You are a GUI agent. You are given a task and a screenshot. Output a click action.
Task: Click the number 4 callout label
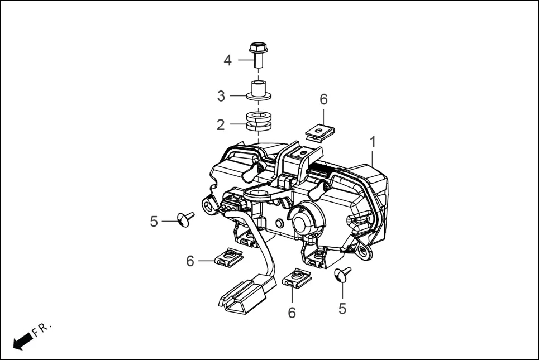227,60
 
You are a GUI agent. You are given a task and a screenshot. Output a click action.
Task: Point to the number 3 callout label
221,96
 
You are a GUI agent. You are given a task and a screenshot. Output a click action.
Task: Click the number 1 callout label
373,142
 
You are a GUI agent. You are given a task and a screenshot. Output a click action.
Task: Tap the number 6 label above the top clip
323,99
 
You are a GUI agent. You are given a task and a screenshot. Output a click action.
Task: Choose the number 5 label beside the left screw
154,222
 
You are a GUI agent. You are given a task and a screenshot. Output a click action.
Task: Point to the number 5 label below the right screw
342,308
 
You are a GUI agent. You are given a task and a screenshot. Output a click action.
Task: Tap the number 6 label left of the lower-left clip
190,261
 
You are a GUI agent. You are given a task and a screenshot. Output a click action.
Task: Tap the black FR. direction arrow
22,340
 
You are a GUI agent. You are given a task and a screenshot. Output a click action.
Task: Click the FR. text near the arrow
42,330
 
